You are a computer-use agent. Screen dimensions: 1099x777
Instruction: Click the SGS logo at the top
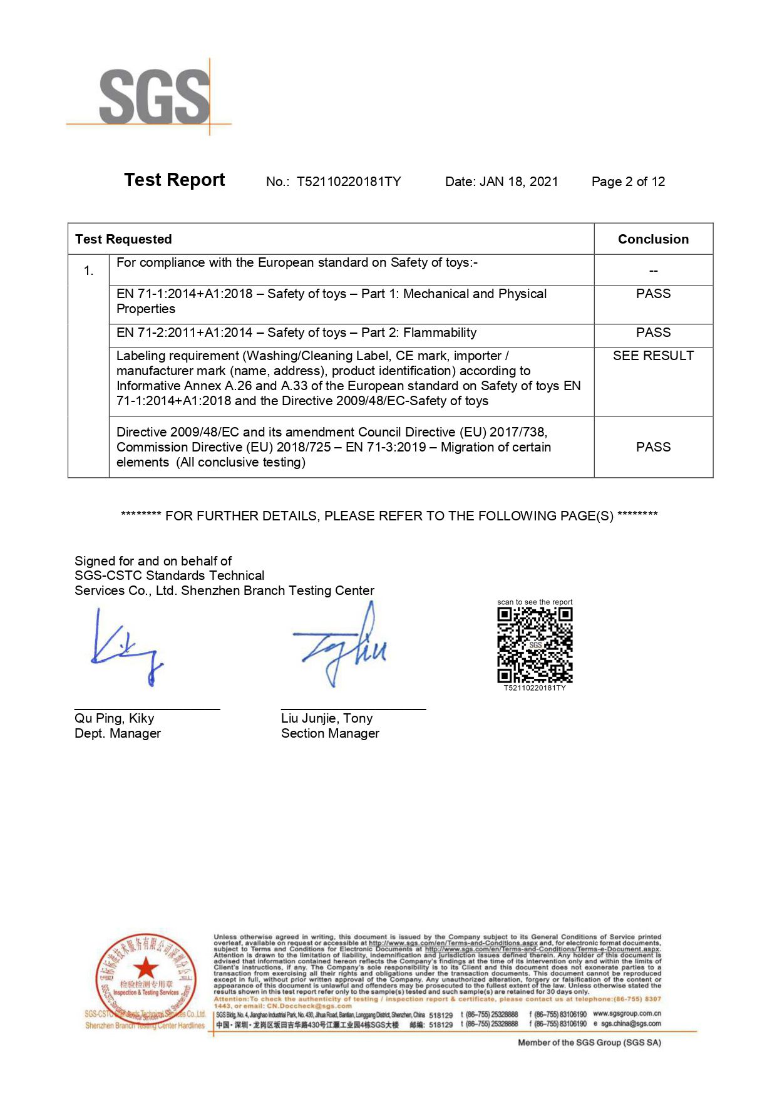point(154,96)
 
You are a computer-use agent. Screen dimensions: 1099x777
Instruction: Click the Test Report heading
point(174,180)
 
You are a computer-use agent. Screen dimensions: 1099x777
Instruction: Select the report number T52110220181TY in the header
point(348,182)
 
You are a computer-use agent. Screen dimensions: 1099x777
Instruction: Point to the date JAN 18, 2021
point(518,182)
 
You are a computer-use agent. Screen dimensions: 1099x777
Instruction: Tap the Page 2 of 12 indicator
point(628,182)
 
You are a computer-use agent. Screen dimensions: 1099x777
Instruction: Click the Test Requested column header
point(123,239)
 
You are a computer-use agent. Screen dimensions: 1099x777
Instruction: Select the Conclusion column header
point(653,239)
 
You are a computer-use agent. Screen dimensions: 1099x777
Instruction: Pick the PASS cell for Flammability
point(653,333)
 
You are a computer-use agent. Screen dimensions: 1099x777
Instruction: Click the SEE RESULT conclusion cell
point(653,356)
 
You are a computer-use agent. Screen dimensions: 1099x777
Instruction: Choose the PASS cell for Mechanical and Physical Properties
point(653,294)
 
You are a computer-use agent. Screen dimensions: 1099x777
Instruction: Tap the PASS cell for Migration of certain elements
point(653,447)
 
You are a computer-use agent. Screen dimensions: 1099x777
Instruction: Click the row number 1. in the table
point(89,271)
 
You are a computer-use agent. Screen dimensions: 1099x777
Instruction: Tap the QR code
point(535,645)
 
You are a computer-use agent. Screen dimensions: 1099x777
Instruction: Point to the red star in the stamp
point(146,967)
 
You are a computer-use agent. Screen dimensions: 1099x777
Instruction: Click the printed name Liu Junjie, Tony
point(327,718)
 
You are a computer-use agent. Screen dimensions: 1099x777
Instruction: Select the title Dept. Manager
point(118,733)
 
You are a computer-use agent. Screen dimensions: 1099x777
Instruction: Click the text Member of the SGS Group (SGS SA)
point(589,1043)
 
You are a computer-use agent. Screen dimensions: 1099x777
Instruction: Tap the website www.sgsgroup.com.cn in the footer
point(627,1014)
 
